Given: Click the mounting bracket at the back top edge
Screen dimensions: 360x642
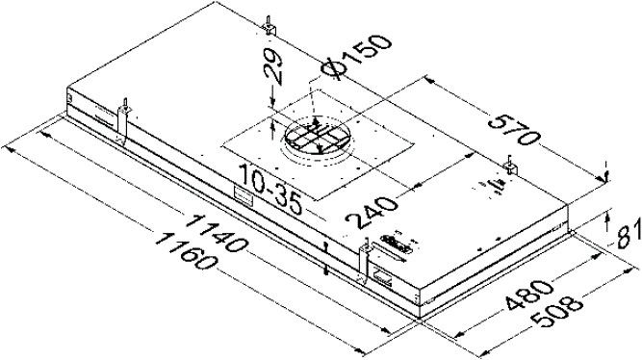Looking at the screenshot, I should coord(270,26).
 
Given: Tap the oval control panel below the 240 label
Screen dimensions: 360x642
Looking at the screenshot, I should coord(395,242).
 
